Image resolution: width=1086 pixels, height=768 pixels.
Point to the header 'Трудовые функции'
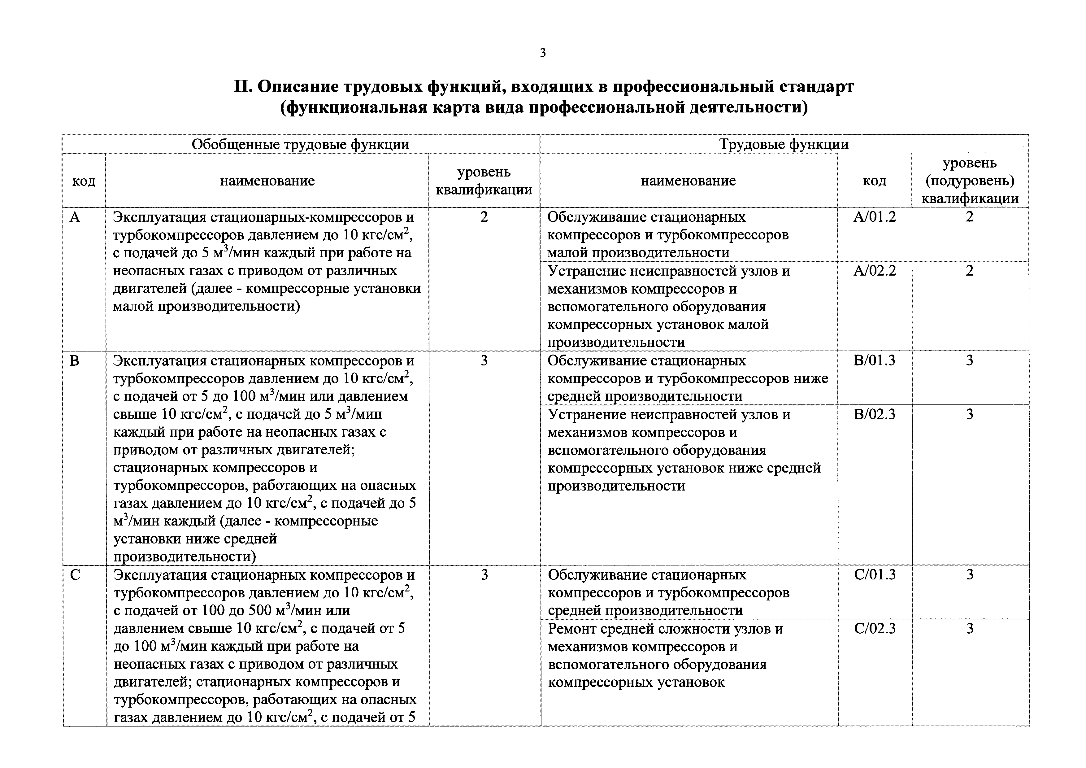(784, 144)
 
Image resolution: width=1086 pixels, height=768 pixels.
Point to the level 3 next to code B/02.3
(970, 415)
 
